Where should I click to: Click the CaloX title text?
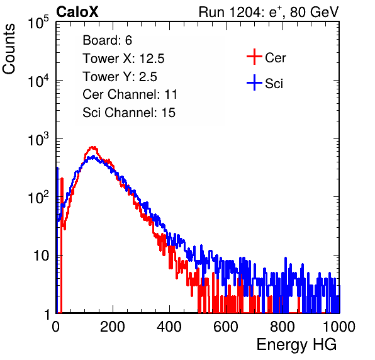[77, 12]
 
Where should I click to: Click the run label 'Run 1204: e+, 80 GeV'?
[269, 12]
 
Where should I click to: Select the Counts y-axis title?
[9, 48]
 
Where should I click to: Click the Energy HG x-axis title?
[296, 345]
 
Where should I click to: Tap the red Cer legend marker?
[254, 57]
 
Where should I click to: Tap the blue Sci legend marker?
[254, 82]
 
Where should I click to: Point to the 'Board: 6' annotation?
[107, 40]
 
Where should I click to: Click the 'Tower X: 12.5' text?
[123, 59]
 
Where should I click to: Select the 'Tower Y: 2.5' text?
[120, 77]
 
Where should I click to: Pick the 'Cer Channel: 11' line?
[130, 94]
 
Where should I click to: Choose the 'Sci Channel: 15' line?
[129, 113]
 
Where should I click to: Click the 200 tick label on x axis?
[113, 327]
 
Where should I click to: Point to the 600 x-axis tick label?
[226, 327]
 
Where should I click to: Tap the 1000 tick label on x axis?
[339, 327]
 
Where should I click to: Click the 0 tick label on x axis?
[56, 327]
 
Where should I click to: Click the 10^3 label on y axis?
[38, 139]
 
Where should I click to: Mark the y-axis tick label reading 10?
[42, 256]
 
